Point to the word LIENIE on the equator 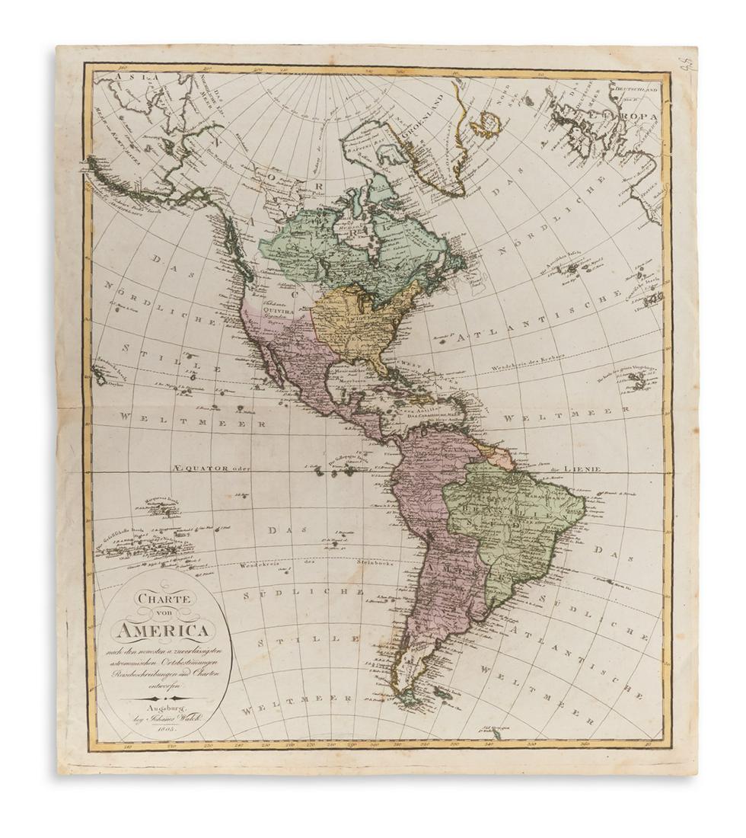point(585,469)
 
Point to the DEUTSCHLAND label point(638,86)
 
